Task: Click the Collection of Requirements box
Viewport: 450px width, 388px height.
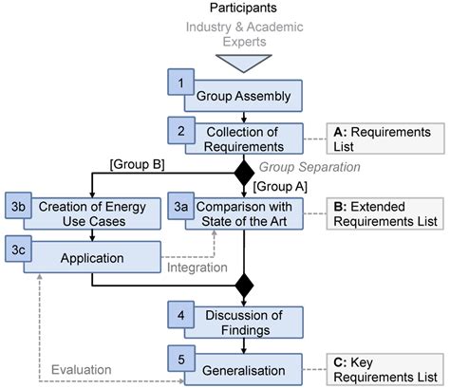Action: pos(247,139)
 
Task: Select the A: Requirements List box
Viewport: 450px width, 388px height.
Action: pos(384,139)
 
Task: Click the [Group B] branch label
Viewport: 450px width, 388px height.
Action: pos(138,164)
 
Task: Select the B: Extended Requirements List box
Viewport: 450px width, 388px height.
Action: pos(384,214)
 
